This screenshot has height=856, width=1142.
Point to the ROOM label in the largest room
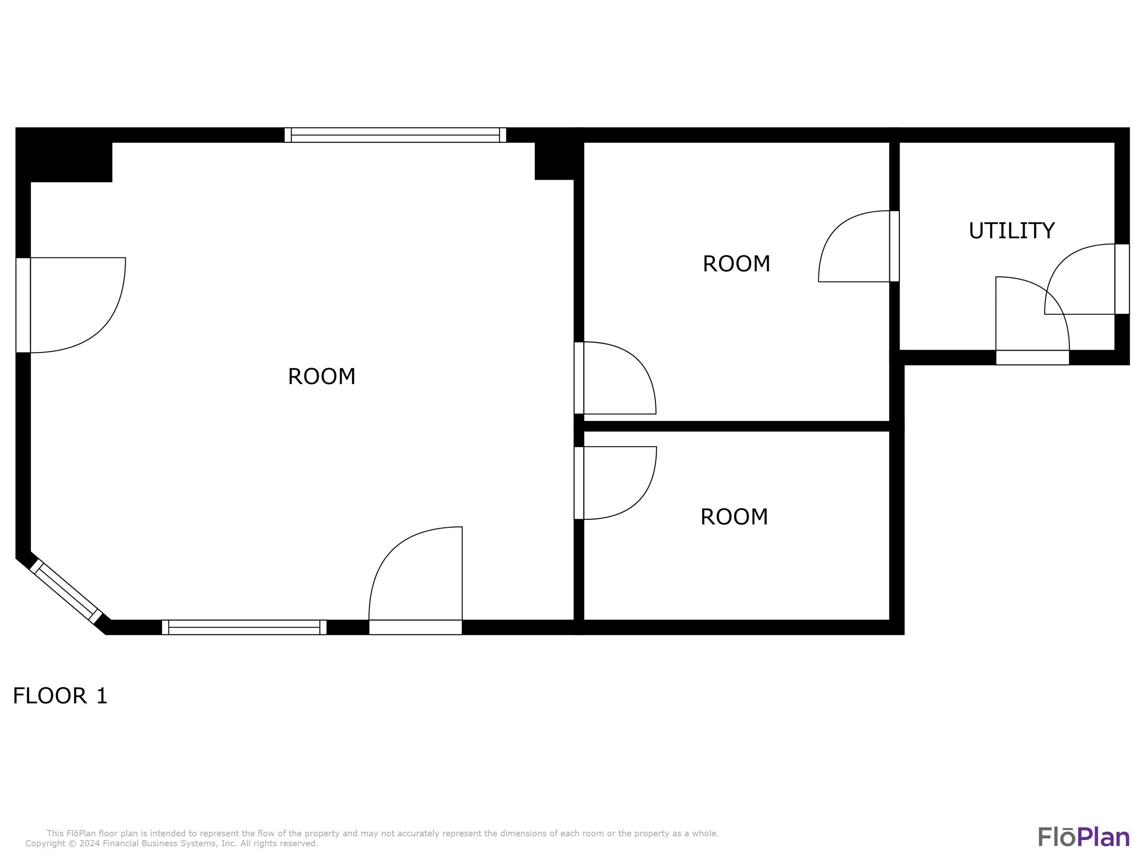[x=322, y=377]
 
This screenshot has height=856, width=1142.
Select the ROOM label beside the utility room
[x=736, y=264]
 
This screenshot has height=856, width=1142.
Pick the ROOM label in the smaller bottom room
[x=734, y=517]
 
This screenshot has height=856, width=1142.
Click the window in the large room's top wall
[x=395, y=135]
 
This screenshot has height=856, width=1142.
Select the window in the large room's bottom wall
[x=244, y=627]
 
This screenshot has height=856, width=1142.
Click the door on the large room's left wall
[x=23, y=305]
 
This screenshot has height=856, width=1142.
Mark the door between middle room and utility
[x=894, y=246]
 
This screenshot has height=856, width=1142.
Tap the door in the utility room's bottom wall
[x=1032, y=357]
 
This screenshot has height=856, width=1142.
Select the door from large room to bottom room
[x=579, y=482]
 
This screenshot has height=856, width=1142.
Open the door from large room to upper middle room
[x=579, y=378]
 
